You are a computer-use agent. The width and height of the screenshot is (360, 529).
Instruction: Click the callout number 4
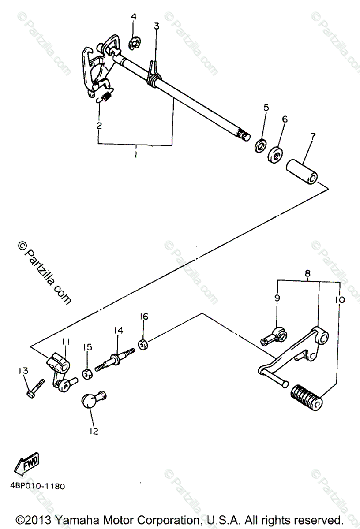pos(134,17)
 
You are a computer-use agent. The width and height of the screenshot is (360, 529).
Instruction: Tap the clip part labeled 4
pos(135,43)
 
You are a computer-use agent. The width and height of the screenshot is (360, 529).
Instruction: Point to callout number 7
pos(312,136)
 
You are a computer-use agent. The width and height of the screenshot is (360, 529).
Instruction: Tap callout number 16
pos(144,317)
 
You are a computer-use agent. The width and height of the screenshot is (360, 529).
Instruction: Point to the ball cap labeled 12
pos(92,400)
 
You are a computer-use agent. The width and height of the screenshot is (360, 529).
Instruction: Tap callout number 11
pos(66,342)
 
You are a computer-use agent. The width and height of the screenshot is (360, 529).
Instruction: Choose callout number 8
pos(307,273)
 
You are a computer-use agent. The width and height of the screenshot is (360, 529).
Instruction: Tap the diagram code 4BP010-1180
pos(36,487)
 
